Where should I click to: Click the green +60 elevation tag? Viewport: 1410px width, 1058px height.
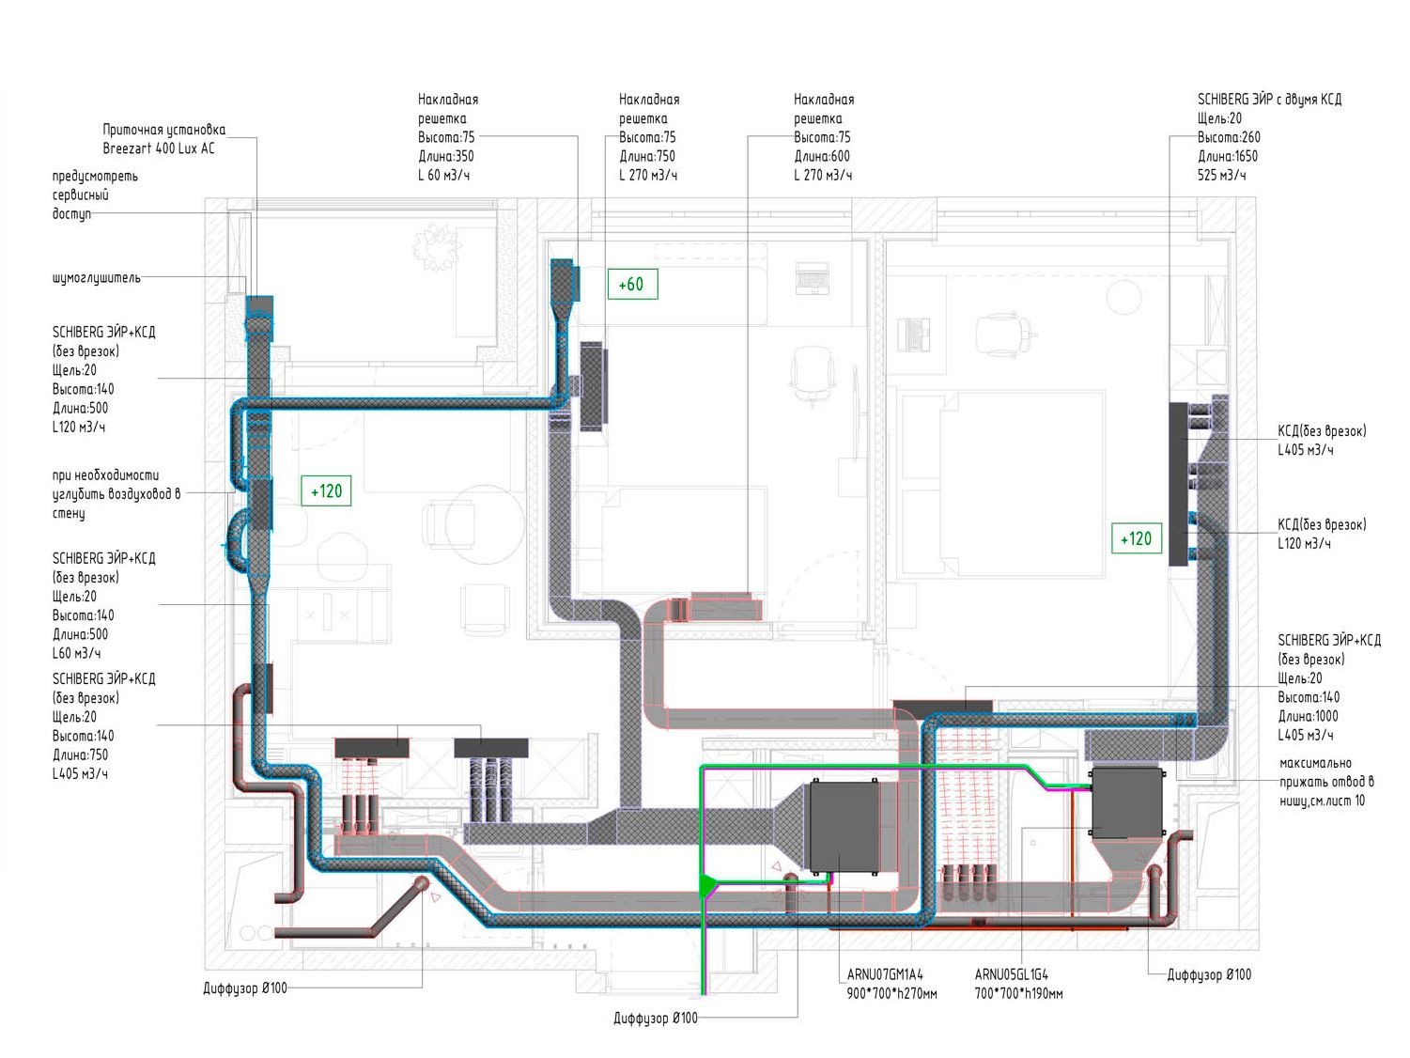pyautogui.click(x=632, y=284)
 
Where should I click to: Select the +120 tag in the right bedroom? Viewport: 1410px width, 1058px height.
pyautogui.click(x=1136, y=538)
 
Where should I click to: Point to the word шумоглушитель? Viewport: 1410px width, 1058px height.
pyautogui.click(x=97, y=278)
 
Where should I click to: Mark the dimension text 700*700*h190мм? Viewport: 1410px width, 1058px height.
pyautogui.click(x=1018, y=993)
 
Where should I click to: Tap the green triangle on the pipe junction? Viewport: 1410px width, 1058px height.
pyautogui.click(x=707, y=884)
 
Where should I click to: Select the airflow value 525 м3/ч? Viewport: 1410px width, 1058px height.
pyautogui.click(x=1221, y=175)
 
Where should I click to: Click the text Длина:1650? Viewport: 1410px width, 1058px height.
pyautogui.click(x=1227, y=156)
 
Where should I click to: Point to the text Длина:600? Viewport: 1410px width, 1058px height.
pyautogui.click(x=821, y=156)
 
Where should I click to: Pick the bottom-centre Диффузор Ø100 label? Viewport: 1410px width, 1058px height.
pyautogui.click(x=655, y=1019)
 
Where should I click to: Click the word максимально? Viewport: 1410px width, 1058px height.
pyautogui.click(x=1315, y=763)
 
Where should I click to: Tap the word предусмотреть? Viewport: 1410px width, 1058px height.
pyautogui.click(x=95, y=176)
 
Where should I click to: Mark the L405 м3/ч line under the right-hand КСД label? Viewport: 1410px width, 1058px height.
pyautogui.click(x=1305, y=450)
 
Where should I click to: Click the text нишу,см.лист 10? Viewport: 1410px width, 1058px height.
pyautogui.click(x=1322, y=801)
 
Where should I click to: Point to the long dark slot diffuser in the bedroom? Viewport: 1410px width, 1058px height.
pyautogui.click(x=1178, y=483)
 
